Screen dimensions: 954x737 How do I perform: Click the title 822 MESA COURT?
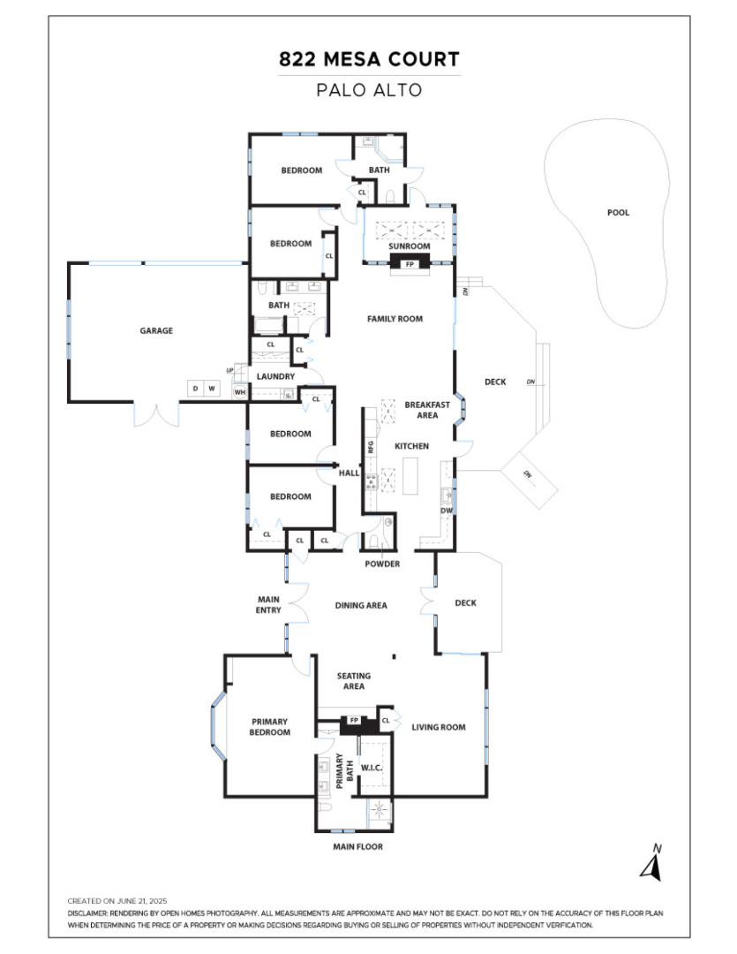click(369, 60)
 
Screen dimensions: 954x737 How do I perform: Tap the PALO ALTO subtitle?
click(369, 89)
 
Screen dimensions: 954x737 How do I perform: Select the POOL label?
click(618, 213)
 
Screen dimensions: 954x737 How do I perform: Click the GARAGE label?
click(156, 331)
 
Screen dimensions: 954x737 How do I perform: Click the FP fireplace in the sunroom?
click(410, 263)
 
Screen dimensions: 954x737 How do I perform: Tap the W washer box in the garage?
click(212, 388)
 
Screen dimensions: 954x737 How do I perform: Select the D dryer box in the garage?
click(194, 388)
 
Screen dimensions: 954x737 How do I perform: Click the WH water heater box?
click(238, 392)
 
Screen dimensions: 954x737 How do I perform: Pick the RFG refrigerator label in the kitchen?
click(372, 446)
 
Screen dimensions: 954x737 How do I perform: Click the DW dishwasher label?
click(447, 511)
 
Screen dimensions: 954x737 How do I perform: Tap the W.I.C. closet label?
click(372, 768)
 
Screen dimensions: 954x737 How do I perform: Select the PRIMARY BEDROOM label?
click(269, 726)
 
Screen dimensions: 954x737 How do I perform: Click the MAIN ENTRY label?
click(268, 605)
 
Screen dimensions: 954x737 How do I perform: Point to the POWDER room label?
click(382, 564)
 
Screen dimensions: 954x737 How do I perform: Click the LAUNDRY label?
click(275, 376)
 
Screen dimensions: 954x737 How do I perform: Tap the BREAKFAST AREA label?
click(427, 410)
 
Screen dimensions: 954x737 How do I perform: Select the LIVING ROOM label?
click(439, 727)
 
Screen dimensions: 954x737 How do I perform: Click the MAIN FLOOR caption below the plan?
click(357, 846)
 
